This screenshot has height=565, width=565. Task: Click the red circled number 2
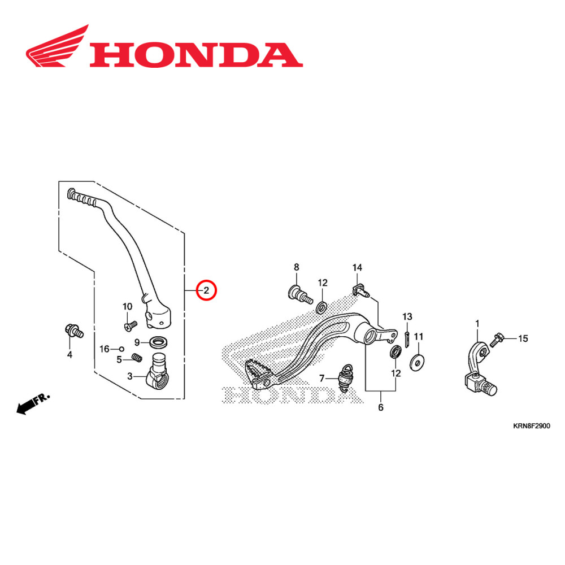click(x=206, y=291)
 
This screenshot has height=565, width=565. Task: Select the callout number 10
click(x=127, y=307)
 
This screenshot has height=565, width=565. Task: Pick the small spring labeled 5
click(x=136, y=357)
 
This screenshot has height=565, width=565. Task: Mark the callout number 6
click(x=380, y=407)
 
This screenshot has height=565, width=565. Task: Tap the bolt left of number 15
click(x=497, y=339)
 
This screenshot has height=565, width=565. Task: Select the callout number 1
click(x=477, y=323)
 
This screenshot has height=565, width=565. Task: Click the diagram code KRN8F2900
click(x=531, y=427)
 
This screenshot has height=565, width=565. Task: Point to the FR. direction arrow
click(x=32, y=405)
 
